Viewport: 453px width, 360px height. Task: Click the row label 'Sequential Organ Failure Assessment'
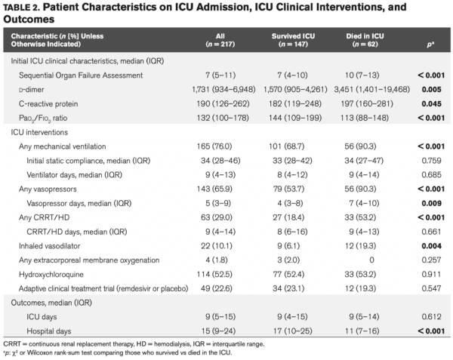81,76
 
